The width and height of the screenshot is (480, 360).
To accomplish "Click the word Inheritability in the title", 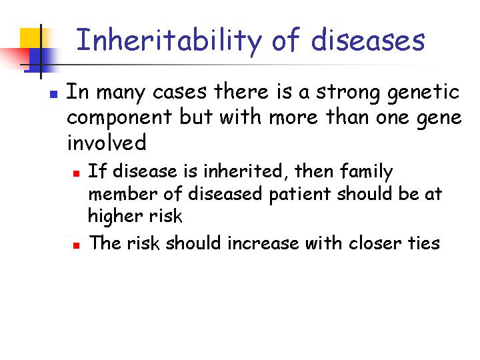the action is click(169, 41).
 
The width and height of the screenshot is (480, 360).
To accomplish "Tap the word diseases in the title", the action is click(368, 40).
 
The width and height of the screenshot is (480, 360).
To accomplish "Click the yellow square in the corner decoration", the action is click(31, 38).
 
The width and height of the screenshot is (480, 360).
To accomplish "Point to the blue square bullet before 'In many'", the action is click(53, 94).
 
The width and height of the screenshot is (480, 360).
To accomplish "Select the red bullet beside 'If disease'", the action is click(76, 174).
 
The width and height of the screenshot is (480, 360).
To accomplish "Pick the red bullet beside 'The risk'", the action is click(76, 245).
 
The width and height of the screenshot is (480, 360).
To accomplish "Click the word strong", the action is click(348, 93).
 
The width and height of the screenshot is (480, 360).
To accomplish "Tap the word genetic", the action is click(423, 93).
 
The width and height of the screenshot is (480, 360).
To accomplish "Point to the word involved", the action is click(107, 142).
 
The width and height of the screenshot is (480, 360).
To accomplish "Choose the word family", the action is click(367, 172).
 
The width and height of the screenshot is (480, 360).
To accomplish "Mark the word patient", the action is click(300, 195).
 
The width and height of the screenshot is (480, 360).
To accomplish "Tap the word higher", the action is click(115, 217).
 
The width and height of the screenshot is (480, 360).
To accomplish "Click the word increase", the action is click(263, 244).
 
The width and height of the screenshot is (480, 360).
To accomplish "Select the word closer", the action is click(375, 244).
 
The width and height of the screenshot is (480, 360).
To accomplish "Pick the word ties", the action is click(424, 244).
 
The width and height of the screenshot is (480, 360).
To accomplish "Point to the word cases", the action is click(180, 93).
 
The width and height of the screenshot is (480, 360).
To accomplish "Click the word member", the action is click(123, 194).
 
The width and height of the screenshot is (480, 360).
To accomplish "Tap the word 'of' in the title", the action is click(285, 40).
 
